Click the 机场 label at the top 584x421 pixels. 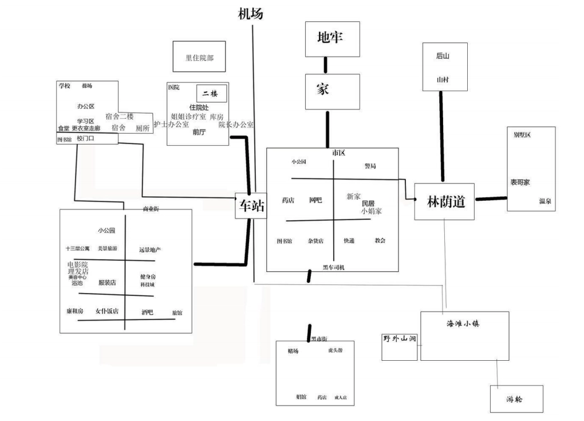250,14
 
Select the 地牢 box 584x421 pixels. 332,39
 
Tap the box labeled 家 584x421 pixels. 332,91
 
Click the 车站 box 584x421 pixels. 251,206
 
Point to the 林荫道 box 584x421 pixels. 444,201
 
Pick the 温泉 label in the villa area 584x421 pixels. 544,201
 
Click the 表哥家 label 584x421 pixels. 520,182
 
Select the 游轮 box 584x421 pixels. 515,399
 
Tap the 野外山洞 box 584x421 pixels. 399,346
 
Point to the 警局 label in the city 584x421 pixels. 370,166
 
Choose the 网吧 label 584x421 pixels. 315,200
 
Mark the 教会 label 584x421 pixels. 380,240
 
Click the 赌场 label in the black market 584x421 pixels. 294,351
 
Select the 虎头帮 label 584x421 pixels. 335,350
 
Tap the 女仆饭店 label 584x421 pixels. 107,311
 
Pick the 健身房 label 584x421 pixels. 148,277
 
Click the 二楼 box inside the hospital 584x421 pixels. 211,93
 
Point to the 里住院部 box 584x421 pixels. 199,57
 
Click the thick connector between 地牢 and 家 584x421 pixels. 326,65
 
